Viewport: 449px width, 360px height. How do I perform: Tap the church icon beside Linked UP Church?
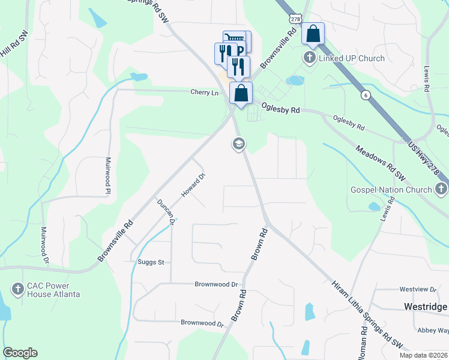point(309,58)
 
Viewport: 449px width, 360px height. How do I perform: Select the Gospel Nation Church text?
point(391,190)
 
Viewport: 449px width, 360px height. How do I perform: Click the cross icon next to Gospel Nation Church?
point(441,190)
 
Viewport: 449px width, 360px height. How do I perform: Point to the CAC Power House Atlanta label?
point(53,290)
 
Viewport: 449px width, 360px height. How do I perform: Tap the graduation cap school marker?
point(238,144)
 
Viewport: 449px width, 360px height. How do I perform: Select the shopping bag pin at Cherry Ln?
point(241,93)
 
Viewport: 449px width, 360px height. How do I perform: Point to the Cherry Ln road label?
point(204,92)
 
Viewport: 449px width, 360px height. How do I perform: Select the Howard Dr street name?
point(194,185)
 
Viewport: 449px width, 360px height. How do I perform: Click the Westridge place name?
point(426,307)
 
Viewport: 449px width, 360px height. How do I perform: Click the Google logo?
point(20,353)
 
